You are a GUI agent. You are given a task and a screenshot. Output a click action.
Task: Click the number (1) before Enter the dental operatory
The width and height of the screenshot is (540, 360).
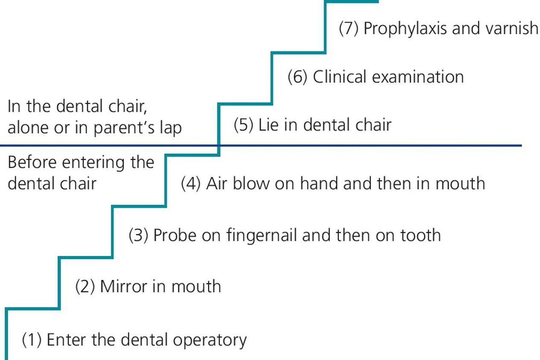click(x=31, y=340)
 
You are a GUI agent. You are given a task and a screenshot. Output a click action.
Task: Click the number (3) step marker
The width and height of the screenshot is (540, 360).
click(x=138, y=235)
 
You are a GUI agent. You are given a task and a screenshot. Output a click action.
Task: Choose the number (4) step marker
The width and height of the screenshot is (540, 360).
click(x=191, y=183)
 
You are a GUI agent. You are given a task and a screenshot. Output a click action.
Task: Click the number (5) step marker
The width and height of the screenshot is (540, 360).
click(x=244, y=125)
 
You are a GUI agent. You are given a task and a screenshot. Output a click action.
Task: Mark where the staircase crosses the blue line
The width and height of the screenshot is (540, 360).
click(x=219, y=146)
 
